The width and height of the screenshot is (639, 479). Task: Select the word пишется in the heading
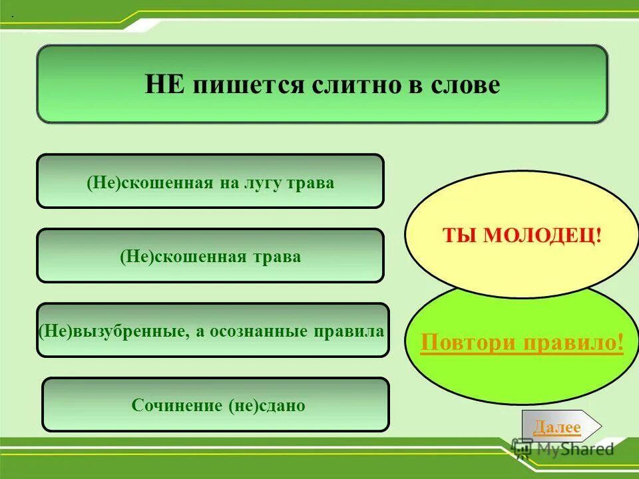[248, 85]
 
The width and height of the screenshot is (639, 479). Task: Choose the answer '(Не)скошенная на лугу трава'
[210, 181]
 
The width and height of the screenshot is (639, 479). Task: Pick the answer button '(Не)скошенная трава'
[210, 256]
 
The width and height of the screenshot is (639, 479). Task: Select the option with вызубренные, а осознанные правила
[212, 331]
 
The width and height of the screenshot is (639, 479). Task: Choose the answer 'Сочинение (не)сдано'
[215, 404]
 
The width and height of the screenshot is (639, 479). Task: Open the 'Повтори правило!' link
[523, 343]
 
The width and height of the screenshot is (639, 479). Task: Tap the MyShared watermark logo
[563, 449]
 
